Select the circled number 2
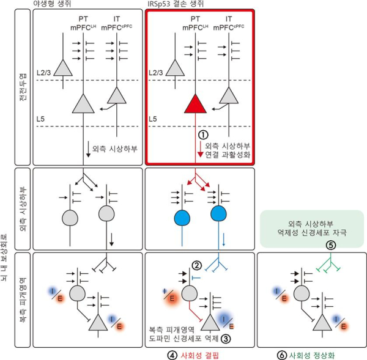pos(196,265)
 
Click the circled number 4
pos(172,354)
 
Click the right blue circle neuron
pos(218,215)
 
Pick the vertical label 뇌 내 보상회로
pos(6,257)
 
